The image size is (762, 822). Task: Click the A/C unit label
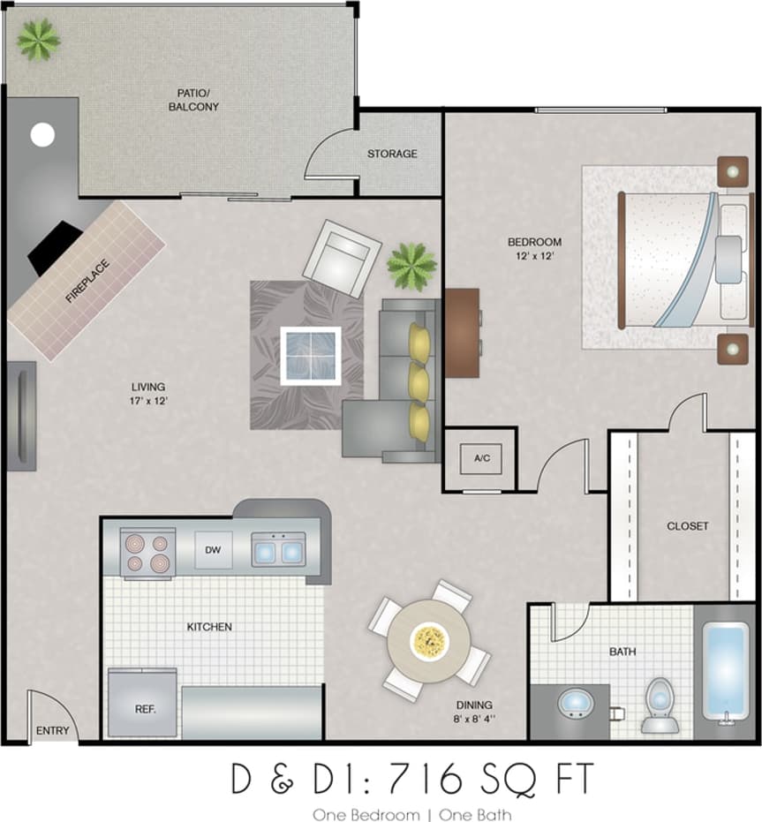pos(481,458)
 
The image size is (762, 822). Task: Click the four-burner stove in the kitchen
pos(147,553)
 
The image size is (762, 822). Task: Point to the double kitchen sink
pos(278,549)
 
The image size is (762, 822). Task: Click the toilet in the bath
pos(659,705)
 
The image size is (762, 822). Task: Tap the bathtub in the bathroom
pos(728,671)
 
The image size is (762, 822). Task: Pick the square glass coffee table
pos(311,355)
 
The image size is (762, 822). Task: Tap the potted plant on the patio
pos(39,39)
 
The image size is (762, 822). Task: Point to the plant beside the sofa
pos(411,265)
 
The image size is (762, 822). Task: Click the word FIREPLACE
pos(87,282)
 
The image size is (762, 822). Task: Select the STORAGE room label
pos(392,154)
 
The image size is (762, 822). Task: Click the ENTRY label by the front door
pos(52,731)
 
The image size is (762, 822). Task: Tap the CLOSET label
pos(687,526)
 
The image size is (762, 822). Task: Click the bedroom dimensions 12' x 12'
pos(534,256)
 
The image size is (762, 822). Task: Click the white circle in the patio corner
pos(42,135)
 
